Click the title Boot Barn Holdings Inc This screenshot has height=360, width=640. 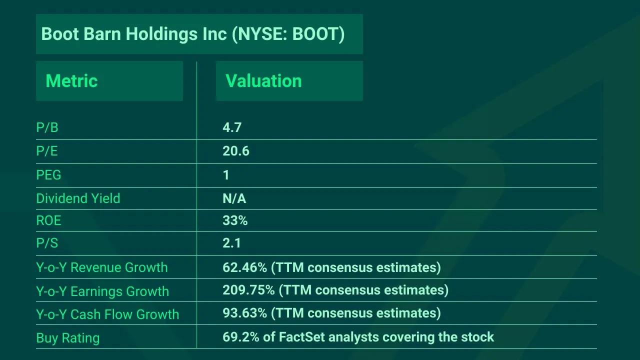coord(192,34)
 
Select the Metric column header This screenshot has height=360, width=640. coord(71,81)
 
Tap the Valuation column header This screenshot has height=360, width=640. coord(263,81)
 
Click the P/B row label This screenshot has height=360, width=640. coord(47,127)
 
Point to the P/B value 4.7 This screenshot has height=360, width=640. coord(232,127)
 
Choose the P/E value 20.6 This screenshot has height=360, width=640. coord(235,151)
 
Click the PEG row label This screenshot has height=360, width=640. coord(48,175)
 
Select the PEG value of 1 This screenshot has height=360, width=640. coord(226,175)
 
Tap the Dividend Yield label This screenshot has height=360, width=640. coord(78,198)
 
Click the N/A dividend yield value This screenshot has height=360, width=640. coord(234,198)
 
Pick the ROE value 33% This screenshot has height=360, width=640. coord(235,220)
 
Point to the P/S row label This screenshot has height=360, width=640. coord(47,243)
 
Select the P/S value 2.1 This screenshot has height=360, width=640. coord(231,243)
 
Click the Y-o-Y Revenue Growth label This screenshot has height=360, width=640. coord(101,267)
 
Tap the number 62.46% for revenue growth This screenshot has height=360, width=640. coord(244,267)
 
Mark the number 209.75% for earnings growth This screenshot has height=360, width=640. coord(248,290)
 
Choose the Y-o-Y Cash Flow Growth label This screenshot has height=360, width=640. coord(107,314)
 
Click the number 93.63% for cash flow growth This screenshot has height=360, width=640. coord(244,313)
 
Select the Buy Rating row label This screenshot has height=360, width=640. coord(67,338)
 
